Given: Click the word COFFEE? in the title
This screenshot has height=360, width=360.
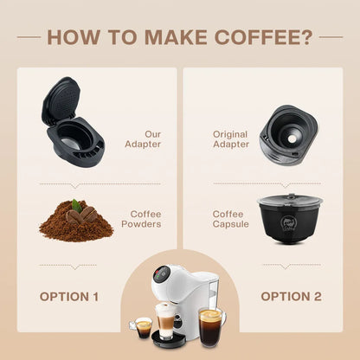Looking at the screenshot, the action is [x=264, y=37].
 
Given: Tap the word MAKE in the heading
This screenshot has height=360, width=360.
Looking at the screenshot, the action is [x=176, y=37].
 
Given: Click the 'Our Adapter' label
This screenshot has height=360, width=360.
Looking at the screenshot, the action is [x=143, y=139].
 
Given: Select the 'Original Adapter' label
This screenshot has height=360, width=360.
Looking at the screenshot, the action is [x=231, y=139].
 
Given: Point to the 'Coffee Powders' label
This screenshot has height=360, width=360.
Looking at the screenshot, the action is [x=141, y=219].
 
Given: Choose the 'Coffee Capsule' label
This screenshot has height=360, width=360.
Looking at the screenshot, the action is [x=230, y=219].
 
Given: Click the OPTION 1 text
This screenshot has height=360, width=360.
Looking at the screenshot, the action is [x=69, y=297].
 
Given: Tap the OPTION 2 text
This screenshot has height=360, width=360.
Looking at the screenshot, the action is [x=291, y=297].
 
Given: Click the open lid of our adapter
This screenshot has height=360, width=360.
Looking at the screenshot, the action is [x=61, y=100].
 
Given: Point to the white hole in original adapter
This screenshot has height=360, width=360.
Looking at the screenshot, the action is [x=292, y=139].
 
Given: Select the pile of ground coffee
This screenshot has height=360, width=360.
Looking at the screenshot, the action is [x=76, y=223].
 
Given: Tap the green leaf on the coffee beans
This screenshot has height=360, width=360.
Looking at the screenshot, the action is [x=77, y=205].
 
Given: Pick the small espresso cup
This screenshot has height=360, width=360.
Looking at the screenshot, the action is [x=143, y=327].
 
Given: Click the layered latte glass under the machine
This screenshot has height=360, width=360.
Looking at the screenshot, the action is [x=166, y=320].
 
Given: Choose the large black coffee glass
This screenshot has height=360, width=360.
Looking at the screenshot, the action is [x=212, y=328].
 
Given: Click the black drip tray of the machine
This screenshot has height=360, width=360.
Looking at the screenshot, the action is [x=169, y=340].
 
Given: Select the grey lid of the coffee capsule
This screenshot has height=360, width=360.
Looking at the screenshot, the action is [x=290, y=200].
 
